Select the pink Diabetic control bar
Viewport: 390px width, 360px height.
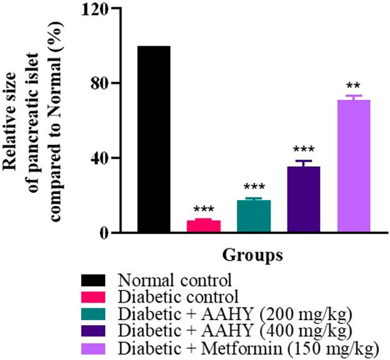(204, 226)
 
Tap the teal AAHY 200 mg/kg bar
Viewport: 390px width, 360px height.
(254, 216)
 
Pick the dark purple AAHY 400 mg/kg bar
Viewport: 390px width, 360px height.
(304, 199)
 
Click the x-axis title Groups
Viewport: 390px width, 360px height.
(253, 255)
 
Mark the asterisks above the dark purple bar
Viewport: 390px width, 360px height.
(304, 151)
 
